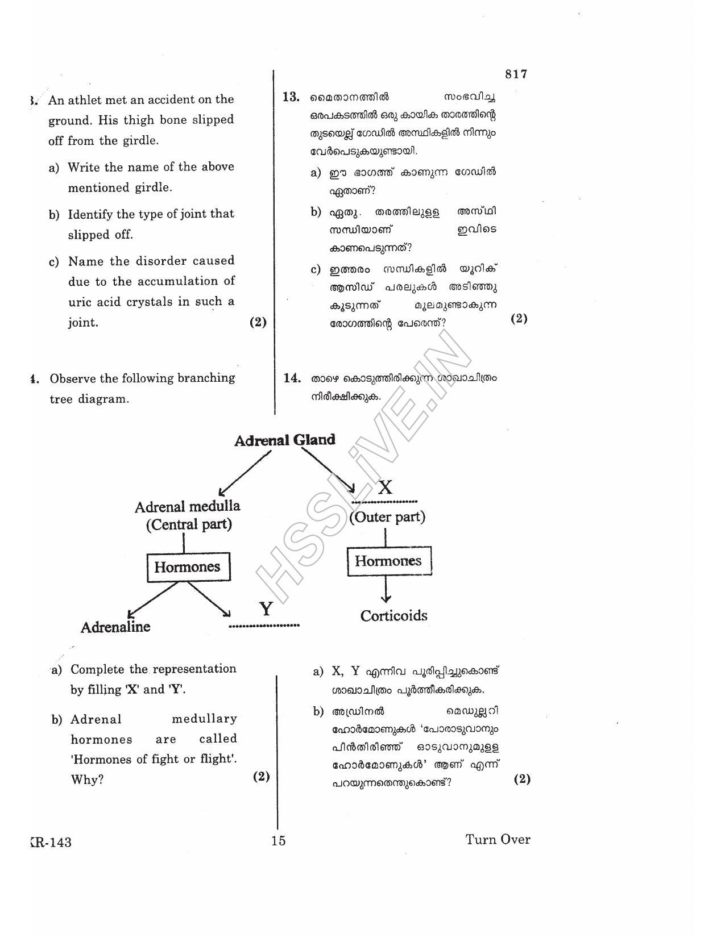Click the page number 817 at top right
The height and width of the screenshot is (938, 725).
click(x=516, y=74)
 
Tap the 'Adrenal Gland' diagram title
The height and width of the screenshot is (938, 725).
click(x=284, y=440)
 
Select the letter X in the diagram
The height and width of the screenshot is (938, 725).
click(x=385, y=487)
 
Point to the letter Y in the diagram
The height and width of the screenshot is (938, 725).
click(x=266, y=610)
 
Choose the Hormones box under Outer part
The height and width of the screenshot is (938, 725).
click(x=388, y=561)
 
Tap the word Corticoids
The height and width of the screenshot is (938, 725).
click(x=393, y=616)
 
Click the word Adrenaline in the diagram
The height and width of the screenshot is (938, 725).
click(x=115, y=627)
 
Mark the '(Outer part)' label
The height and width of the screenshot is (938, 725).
click(x=387, y=517)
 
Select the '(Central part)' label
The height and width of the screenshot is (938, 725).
click(x=189, y=524)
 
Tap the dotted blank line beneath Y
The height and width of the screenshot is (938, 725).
click(x=264, y=626)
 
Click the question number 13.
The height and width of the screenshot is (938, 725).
click(x=291, y=97)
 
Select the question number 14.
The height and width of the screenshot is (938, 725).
click(x=291, y=378)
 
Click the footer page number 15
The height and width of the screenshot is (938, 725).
click(x=278, y=841)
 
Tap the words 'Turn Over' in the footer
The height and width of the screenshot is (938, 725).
click(x=498, y=840)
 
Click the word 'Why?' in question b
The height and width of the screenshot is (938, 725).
click(x=87, y=779)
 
